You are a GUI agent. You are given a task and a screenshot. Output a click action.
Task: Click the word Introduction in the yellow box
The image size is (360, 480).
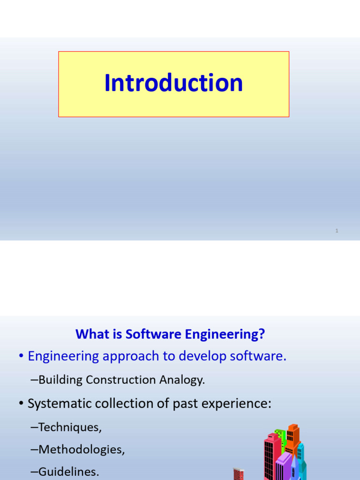click(x=173, y=83)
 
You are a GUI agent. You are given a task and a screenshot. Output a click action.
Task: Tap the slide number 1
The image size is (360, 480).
click(x=337, y=231)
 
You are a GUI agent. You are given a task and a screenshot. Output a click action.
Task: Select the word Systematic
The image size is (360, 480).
click(x=58, y=403)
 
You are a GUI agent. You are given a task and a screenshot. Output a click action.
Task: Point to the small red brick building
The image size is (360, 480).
click(x=239, y=474)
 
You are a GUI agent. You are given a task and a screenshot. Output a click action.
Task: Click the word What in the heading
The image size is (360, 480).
click(x=89, y=334)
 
